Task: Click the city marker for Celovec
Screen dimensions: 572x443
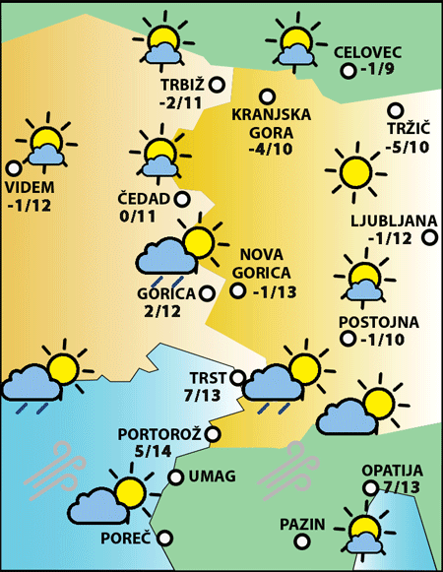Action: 348,71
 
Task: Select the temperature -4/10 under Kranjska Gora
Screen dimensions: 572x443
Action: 271,150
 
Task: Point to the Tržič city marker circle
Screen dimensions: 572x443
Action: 396,110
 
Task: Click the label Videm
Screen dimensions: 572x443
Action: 32,188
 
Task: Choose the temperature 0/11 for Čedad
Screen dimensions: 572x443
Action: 139,217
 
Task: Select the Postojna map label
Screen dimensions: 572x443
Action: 379,322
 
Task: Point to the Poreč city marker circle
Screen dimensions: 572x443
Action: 165,538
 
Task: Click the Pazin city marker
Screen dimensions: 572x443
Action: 333,524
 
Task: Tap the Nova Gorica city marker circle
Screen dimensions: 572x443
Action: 237,289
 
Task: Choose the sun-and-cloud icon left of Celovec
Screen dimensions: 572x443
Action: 292,45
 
